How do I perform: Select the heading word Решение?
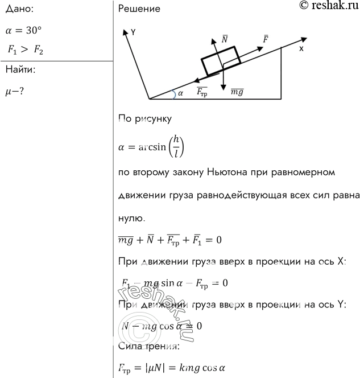pyautogui.click(x=139, y=9)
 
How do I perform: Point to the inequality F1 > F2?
pyautogui.click(x=25, y=50)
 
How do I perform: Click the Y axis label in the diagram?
pyautogui.click(x=133, y=32)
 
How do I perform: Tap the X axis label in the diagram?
pyautogui.click(x=301, y=49)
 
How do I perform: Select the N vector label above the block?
pyautogui.click(x=225, y=39)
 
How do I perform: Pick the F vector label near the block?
pyautogui.click(x=266, y=39)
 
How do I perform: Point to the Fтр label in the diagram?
pyautogui.click(x=201, y=90)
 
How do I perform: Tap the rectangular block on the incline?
pyautogui.click(x=220, y=61)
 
